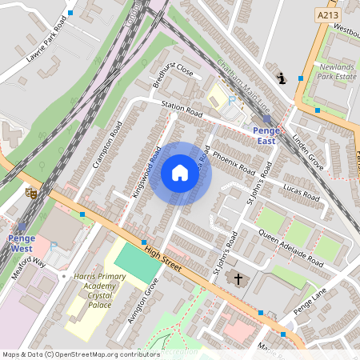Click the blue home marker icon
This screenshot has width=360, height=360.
(180, 173)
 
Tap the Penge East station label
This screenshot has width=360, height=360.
(266, 135)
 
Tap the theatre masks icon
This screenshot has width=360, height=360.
(31, 193)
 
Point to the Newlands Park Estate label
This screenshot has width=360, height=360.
(336, 71)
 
